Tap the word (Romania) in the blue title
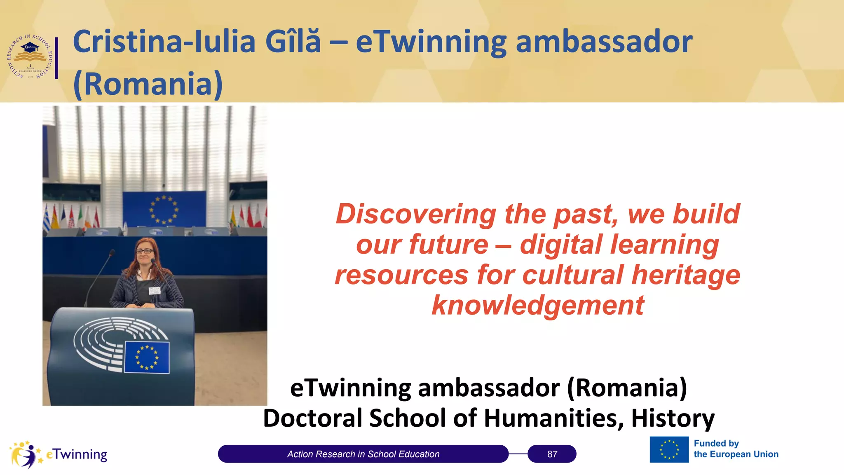click(x=148, y=84)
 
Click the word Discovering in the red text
click(x=416, y=214)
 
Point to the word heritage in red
click(x=686, y=275)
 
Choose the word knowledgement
click(x=537, y=306)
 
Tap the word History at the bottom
click(x=673, y=418)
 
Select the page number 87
click(x=552, y=454)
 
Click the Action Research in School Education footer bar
click(x=363, y=454)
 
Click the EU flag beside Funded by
click(x=669, y=449)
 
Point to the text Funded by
click(x=716, y=443)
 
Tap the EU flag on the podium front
click(x=147, y=357)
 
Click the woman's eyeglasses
click(x=145, y=251)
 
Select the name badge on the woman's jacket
click(x=155, y=291)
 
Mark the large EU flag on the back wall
click(x=164, y=209)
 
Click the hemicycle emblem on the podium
click(x=101, y=342)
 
